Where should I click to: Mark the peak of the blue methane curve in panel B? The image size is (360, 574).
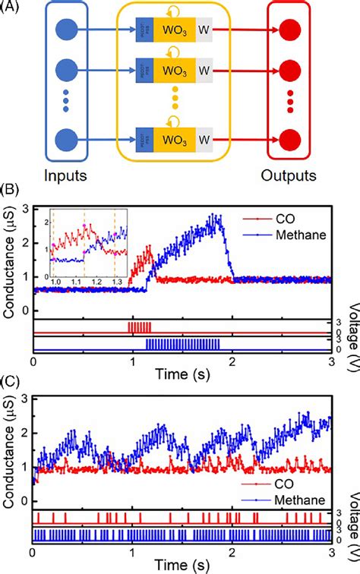[218, 217]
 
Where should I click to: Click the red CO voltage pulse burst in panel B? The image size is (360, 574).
[140, 327]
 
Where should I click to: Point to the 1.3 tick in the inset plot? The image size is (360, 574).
[115, 282]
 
